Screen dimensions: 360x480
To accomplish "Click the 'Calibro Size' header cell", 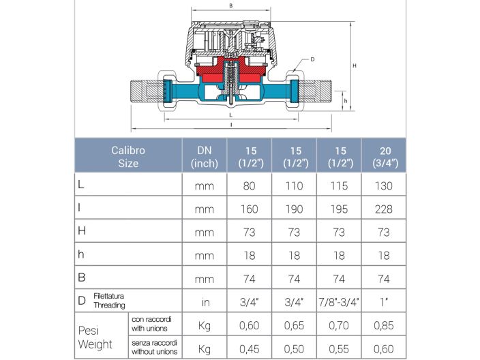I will pyautogui.click(x=128, y=157).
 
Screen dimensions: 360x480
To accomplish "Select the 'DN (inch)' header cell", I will pyautogui.click(x=203, y=157).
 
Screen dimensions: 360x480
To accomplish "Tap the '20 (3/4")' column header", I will pyautogui.click(x=384, y=157).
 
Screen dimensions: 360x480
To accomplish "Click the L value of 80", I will pyautogui.click(x=249, y=185).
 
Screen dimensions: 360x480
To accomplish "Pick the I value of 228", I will pyautogui.click(x=384, y=209).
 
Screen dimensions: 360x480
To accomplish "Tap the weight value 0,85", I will pyautogui.click(x=384, y=327).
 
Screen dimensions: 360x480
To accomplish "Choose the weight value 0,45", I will pyautogui.click(x=249, y=348).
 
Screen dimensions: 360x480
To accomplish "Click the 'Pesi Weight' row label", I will pyautogui.click(x=95, y=337).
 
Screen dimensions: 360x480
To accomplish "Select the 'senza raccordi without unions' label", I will pyautogui.click(x=155, y=348).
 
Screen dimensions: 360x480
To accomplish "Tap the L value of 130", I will pyautogui.click(x=384, y=185).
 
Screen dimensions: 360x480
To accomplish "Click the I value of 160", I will pyautogui.click(x=249, y=209).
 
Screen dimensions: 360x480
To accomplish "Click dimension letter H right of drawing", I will pyautogui.click(x=355, y=65).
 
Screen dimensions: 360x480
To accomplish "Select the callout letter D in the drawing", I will pyautogui.click(x=312, y=59).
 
